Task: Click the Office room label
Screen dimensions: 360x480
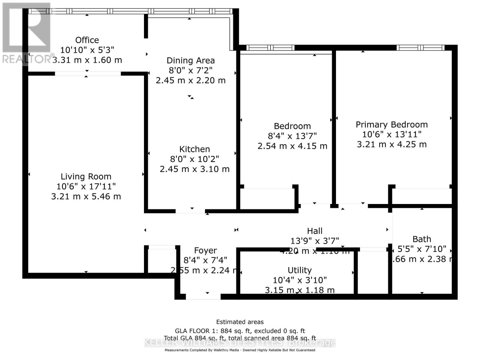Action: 87,40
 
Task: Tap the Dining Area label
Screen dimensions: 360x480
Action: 190,60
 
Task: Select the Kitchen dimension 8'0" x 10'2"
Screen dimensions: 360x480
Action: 194,159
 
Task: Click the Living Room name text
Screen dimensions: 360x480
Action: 86,176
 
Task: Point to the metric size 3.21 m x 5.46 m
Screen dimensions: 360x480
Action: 86,196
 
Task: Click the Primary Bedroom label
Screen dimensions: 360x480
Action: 391,124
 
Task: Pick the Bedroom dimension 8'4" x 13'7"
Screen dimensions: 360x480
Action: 292,136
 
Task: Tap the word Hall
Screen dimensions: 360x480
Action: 314,231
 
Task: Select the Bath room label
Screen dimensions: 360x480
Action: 421,239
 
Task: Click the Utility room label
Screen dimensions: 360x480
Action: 299,270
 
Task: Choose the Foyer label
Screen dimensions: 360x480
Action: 205,250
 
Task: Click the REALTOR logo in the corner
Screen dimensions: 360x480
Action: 26,33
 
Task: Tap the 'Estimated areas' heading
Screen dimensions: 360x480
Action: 240,322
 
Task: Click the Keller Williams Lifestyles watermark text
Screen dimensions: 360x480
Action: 240,342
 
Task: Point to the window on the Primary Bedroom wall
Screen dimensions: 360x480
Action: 420,48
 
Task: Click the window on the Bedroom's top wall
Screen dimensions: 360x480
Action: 270,48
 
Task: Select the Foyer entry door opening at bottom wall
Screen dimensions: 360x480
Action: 203,297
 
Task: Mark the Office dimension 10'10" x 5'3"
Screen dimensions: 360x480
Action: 87,50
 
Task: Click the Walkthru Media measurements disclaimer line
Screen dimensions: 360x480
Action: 240,350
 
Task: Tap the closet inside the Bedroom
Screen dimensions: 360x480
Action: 267,198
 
